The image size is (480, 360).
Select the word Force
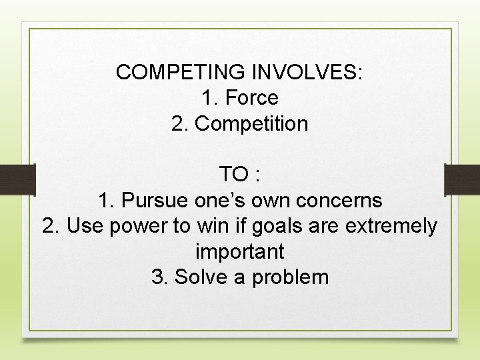click(252, 98)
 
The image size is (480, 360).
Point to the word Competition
click(252, 124)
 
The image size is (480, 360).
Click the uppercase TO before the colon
click(233, 175)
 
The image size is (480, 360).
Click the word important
click(240, 252)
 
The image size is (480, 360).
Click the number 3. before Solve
click(159, 277)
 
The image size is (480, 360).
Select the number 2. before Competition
click(179, 124)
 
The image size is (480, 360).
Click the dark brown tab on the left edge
click(17, 179)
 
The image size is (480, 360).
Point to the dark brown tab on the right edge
click(462, 179)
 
